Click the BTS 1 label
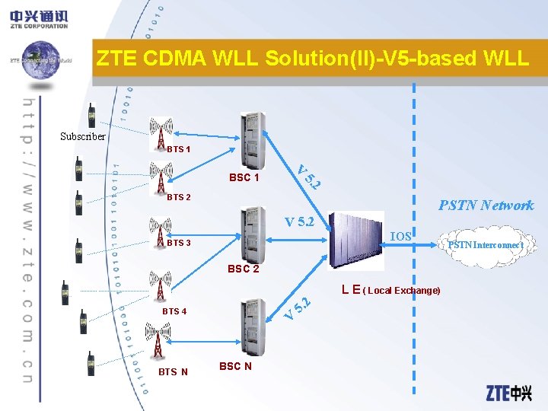point(179,149)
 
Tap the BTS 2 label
point(179,197)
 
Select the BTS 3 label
point(179,243)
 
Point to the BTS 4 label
point(174,311)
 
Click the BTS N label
point(173,371)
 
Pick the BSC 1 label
point(244,178)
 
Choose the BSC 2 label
point(244,269)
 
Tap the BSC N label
point(235,366)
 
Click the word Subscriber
point(83,137)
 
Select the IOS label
point(400,237)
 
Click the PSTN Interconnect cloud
point(484,244)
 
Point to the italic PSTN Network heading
point(486,205)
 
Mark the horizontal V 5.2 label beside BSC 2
point(299,222)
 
